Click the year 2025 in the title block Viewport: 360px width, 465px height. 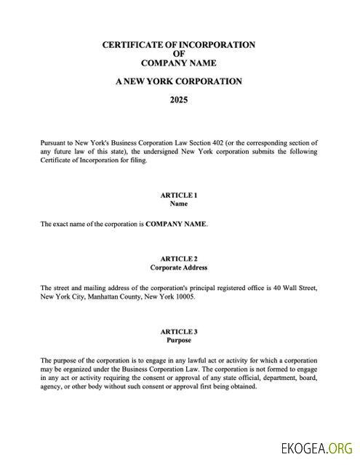tap(179, 100)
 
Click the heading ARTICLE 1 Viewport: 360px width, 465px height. tap(178, 195)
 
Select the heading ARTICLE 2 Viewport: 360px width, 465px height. tap(178, 259)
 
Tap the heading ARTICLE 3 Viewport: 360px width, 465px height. tap(178, 331)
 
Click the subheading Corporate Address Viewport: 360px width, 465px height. tap(178, 268)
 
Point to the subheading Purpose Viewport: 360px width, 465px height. tap(178, 341)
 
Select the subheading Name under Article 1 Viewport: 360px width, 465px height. tap(178, 204)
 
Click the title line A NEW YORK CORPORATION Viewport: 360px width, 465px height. tap(179, 81)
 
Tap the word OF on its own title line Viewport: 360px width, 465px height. tap(179, 54)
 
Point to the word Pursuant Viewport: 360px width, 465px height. tap(55, 143)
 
